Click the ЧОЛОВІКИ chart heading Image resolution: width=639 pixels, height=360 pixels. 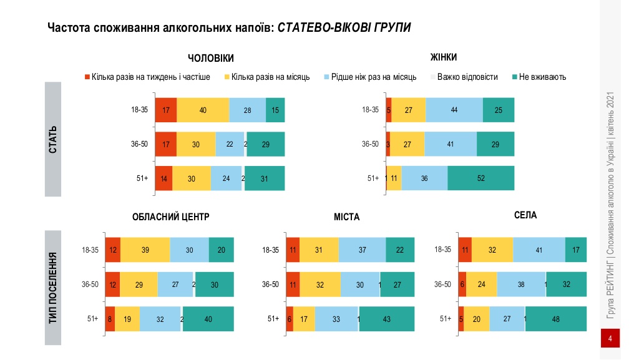211,58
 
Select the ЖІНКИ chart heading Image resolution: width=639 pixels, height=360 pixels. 444,57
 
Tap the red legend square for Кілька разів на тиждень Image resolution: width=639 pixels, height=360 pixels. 87,77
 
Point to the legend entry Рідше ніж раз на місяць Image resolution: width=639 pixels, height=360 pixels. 374,77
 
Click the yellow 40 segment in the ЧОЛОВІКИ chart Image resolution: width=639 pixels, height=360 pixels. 203,110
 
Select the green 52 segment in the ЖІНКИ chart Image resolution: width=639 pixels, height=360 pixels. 480,178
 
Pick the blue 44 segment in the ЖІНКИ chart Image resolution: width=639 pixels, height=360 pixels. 454,110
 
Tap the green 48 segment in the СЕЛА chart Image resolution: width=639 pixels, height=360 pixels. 555,319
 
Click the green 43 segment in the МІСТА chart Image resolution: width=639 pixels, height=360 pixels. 387,319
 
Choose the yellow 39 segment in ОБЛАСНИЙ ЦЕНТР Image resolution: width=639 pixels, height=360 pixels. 145,250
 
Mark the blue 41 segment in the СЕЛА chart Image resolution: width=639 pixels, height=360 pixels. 539,250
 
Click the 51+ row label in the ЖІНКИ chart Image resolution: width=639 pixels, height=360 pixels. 373,178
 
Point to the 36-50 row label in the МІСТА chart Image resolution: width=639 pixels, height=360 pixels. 270,285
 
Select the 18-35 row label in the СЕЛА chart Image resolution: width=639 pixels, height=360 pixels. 442,250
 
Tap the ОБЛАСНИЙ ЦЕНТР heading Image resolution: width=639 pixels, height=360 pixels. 170,217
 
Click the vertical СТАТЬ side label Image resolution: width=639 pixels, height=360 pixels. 53,140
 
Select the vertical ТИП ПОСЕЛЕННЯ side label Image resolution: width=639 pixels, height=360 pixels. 53,288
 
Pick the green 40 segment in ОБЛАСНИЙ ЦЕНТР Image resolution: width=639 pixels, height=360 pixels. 208,319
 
